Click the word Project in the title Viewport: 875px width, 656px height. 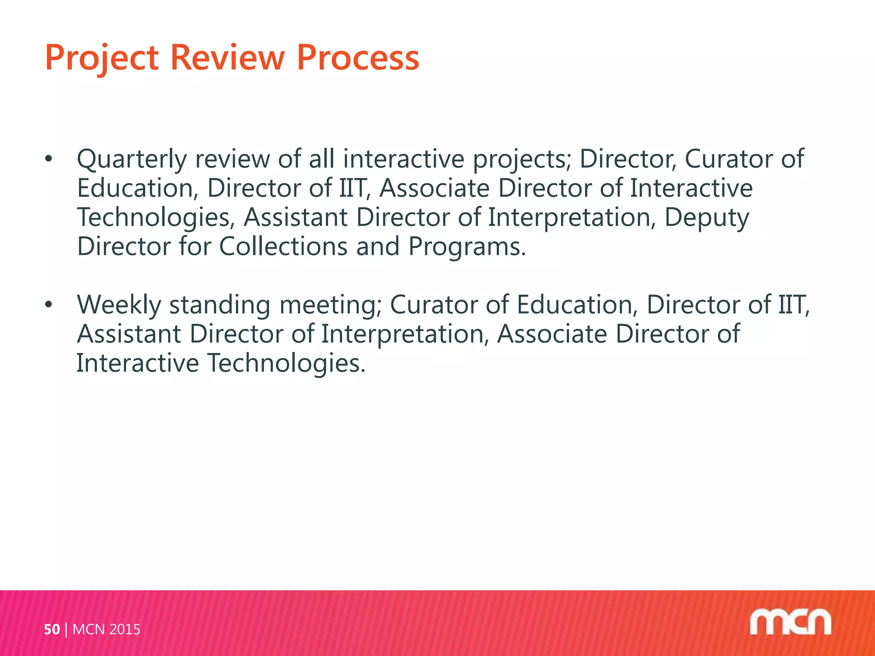[102, 59]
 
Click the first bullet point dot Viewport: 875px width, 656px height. [49, 159]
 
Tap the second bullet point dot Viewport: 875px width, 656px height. [49, 305]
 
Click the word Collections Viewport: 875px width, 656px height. [283, 246]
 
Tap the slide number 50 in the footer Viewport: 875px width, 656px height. [52, 630]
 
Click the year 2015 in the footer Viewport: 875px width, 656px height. [125, 630]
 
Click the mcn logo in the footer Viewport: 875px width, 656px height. [790, 622]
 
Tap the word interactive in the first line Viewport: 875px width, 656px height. [403, 159]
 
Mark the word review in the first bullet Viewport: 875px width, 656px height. [232, 159]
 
